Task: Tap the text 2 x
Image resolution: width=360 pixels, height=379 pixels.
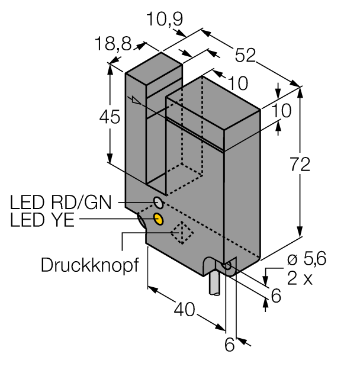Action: click(300, 278)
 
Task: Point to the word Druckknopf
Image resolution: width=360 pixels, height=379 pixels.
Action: click(89, 265)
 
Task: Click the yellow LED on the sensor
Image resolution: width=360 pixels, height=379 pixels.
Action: click(158, 220)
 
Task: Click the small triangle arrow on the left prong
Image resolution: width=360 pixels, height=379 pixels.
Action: click(136, 100)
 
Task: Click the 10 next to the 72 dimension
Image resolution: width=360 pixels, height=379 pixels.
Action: click(283, 111)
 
